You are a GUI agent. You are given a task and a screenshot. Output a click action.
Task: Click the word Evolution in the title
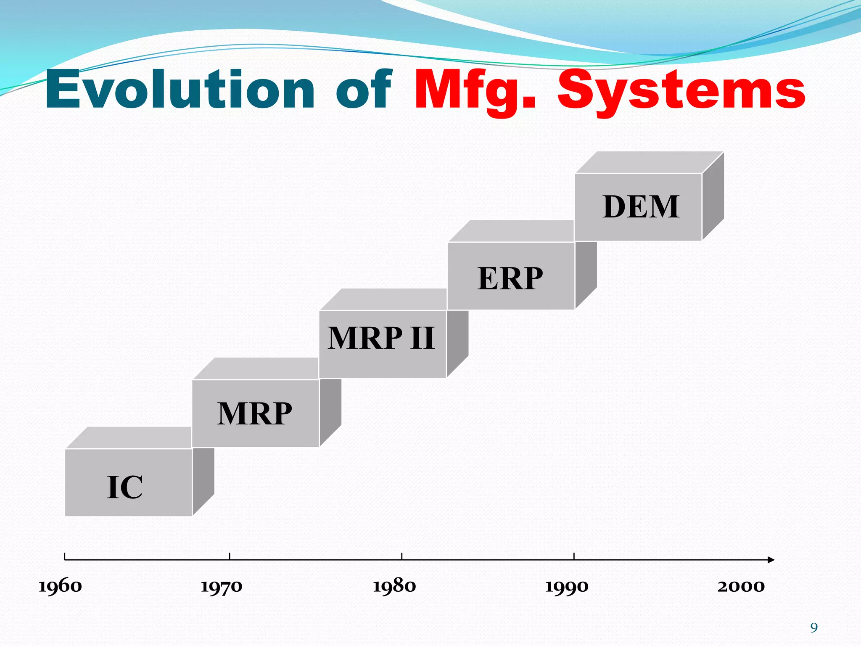coord(180,90)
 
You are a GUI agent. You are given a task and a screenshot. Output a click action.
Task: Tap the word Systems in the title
coord(681,90)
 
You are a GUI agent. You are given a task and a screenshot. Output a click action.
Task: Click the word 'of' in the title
coord(364,90)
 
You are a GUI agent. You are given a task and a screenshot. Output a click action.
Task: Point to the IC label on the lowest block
coord(125,487)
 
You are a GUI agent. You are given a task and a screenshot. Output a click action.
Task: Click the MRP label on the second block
coord(254,414)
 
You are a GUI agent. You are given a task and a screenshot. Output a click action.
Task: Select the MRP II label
coord(381,338)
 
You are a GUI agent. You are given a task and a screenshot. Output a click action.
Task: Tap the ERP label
coord(510,278)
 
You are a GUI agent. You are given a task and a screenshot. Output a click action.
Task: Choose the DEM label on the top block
coord(641,207)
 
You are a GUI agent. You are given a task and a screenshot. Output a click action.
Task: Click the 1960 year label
coord(60,586)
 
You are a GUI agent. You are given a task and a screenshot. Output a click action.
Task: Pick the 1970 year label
coord(222,586)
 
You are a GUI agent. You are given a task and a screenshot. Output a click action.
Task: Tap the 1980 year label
coord(394,586)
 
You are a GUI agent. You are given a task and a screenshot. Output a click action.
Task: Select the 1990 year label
coord(567,586)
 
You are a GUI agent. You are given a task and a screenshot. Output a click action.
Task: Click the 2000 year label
coord(741,586)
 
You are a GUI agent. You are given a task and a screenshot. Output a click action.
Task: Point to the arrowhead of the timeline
coord(770,560)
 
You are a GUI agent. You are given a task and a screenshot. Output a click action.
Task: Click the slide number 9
coord(814,628)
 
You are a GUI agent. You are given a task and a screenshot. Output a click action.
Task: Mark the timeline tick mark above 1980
coord(401,556)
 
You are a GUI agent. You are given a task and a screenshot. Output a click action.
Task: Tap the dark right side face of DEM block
coord(713,196)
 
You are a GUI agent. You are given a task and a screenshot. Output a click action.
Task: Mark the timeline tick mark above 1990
coord(574,556)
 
